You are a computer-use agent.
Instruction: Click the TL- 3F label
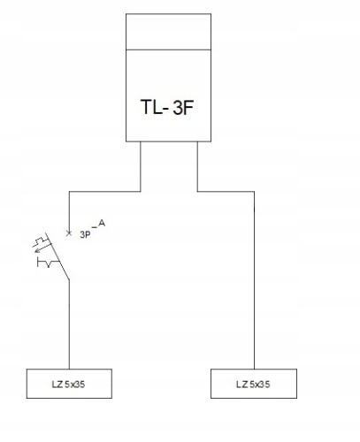167,107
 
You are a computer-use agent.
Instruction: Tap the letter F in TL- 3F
188,107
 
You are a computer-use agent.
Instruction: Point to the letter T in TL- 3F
146,107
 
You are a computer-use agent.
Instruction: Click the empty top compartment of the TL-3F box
168,32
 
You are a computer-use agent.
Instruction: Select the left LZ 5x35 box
69,384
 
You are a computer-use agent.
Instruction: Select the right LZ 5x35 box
254,384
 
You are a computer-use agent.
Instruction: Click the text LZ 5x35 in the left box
68,385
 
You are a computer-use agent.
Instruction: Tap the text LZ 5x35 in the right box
253,385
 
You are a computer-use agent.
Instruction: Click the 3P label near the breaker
85,235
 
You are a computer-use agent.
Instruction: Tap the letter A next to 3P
102,224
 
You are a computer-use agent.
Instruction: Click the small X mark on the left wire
69,233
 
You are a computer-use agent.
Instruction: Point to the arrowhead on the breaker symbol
37,251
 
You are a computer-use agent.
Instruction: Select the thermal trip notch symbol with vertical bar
46,263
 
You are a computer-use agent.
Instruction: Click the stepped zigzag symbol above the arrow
42,240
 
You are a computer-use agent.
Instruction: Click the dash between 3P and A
94,227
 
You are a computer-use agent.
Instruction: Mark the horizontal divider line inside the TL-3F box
168,50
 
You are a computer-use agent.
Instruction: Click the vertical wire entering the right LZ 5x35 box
254,280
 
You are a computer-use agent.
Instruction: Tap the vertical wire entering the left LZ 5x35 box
69,324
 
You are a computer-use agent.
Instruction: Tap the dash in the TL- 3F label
165,110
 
